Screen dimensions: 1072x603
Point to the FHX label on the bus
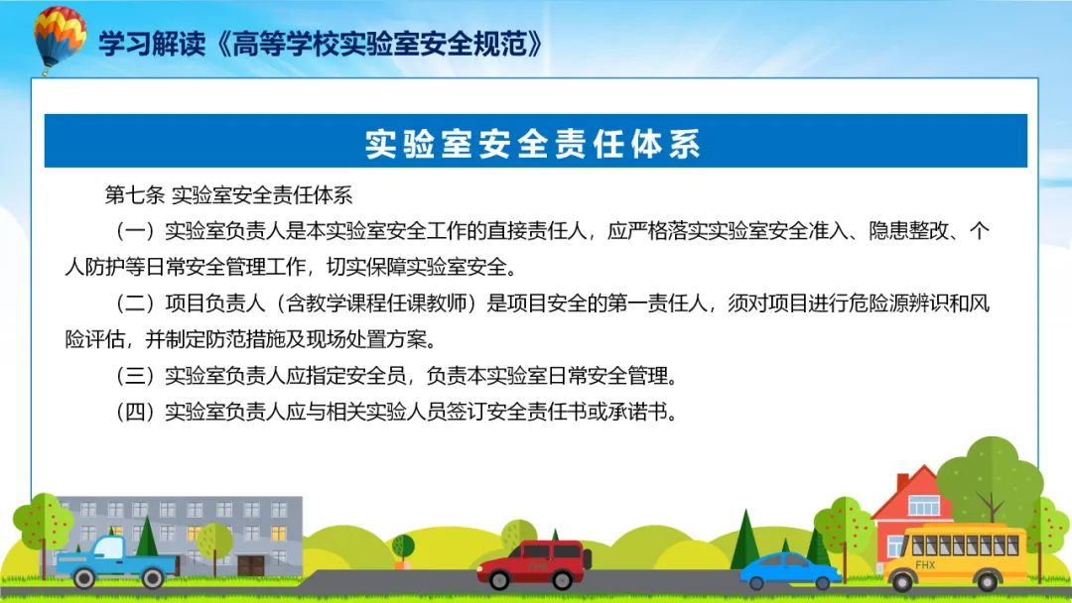[x=925, y=564]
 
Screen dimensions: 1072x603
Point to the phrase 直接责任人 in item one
[x=537, y=231]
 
